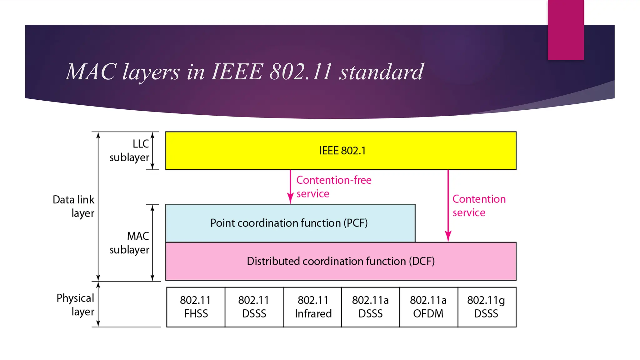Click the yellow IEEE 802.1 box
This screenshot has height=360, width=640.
(x=341, y=151)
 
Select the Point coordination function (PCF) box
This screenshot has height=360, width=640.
(x=290, y=223)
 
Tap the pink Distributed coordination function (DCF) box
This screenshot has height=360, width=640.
(x=341, y=261)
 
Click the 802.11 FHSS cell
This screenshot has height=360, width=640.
(x=196, y=307)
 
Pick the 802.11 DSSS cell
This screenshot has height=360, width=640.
(x=254, y=307)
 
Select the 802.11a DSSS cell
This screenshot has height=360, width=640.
(x=370, y=307)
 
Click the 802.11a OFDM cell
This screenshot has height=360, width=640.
(x=428, y=307)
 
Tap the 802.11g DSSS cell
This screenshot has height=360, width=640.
(x=487, y=307)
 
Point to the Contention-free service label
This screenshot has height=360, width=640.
(x=334, y=187)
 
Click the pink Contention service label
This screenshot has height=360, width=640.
(x=479, y=206)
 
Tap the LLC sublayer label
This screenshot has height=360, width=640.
(x=129, y=151)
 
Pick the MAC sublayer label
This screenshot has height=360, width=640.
(x=129, y=243)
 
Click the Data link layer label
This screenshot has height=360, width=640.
(x=74, y=206)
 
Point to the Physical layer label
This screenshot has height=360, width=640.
(x=75, y=305)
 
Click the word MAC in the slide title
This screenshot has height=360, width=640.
(x=91, y=72)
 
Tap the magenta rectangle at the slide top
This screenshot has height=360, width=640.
(x=566, y=30)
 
